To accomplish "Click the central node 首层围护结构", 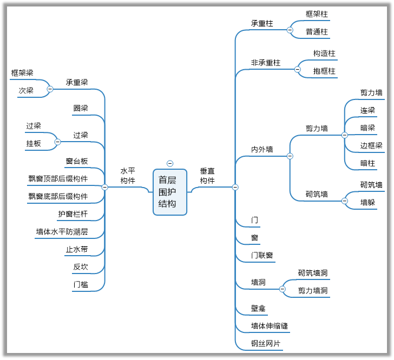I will [169, 192].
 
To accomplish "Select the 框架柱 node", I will [317, 14].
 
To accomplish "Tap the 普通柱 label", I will [317, 31].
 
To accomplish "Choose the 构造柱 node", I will [324, 54].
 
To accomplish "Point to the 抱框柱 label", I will [324, 71].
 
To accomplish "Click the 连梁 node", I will [367, 110].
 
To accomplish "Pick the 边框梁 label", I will [371, 145].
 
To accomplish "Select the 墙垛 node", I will [367, 202].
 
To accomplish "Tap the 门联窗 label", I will [262, 256].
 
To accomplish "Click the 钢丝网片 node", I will [266, 343].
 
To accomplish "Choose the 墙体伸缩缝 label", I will [269, 326].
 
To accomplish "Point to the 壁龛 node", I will [258, 308].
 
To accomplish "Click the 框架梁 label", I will [22, 73].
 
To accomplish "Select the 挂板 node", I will [34, 143].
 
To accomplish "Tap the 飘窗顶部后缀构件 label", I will [58, 178].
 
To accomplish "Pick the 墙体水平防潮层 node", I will [62, 232].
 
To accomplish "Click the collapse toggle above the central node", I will [170, 163].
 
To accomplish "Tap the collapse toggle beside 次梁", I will [50, 89].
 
